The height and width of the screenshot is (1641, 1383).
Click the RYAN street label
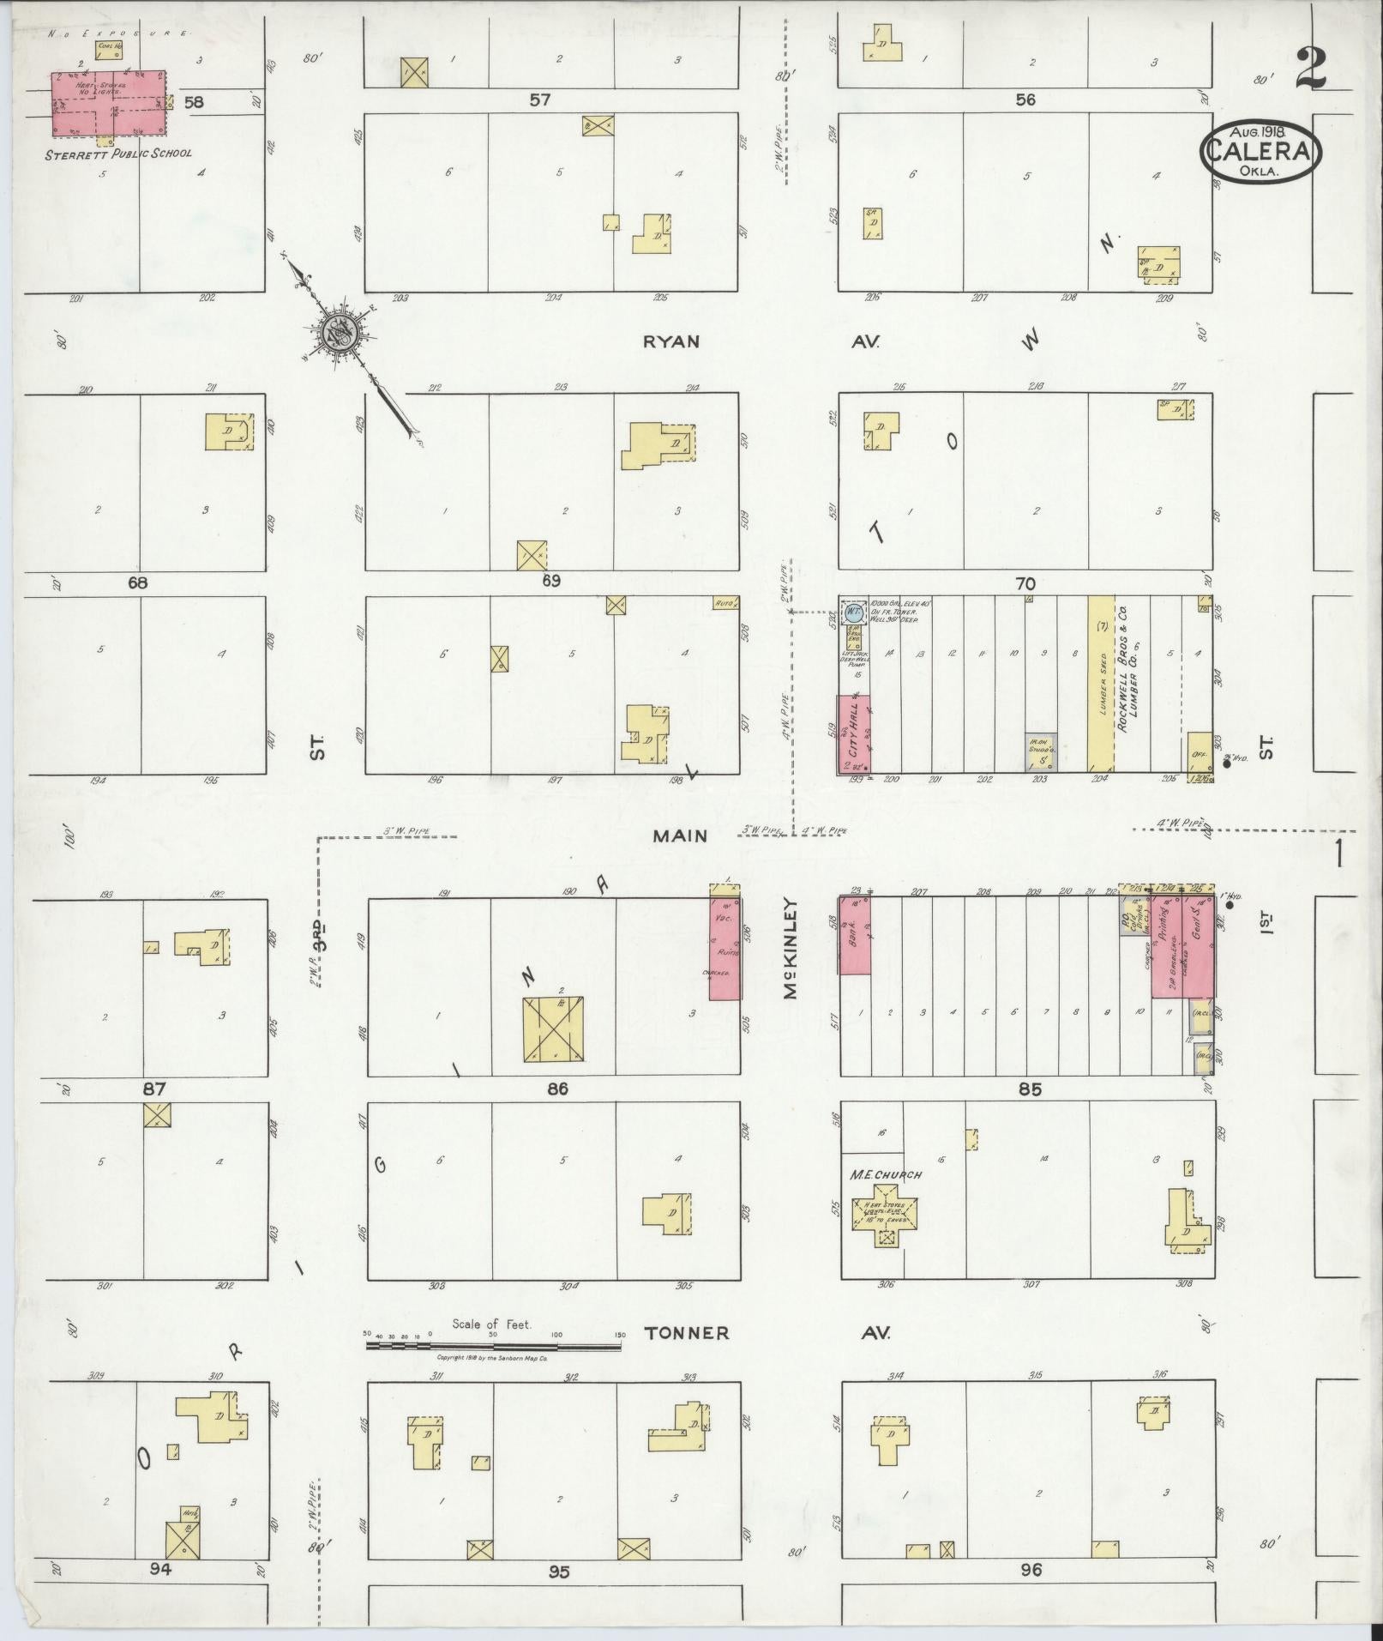[x=671, y=341]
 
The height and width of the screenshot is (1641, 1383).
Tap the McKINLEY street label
[x=790, y=949]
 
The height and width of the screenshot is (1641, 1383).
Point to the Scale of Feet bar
[x=494, y=1347]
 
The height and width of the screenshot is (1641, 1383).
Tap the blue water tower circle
[x=853, y=612]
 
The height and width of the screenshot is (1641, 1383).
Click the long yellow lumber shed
[x=1101, y=683]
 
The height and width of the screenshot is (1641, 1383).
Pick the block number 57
[x=539, y=100]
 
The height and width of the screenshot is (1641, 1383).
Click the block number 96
[x=1031, y=1570]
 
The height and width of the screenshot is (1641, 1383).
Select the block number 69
[x=550, y=581]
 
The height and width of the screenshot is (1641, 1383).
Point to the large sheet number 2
[x=1311, y=69]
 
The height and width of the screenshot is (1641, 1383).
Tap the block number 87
[x=153, y=1089]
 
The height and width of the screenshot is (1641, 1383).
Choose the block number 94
[x=160, y=1569]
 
